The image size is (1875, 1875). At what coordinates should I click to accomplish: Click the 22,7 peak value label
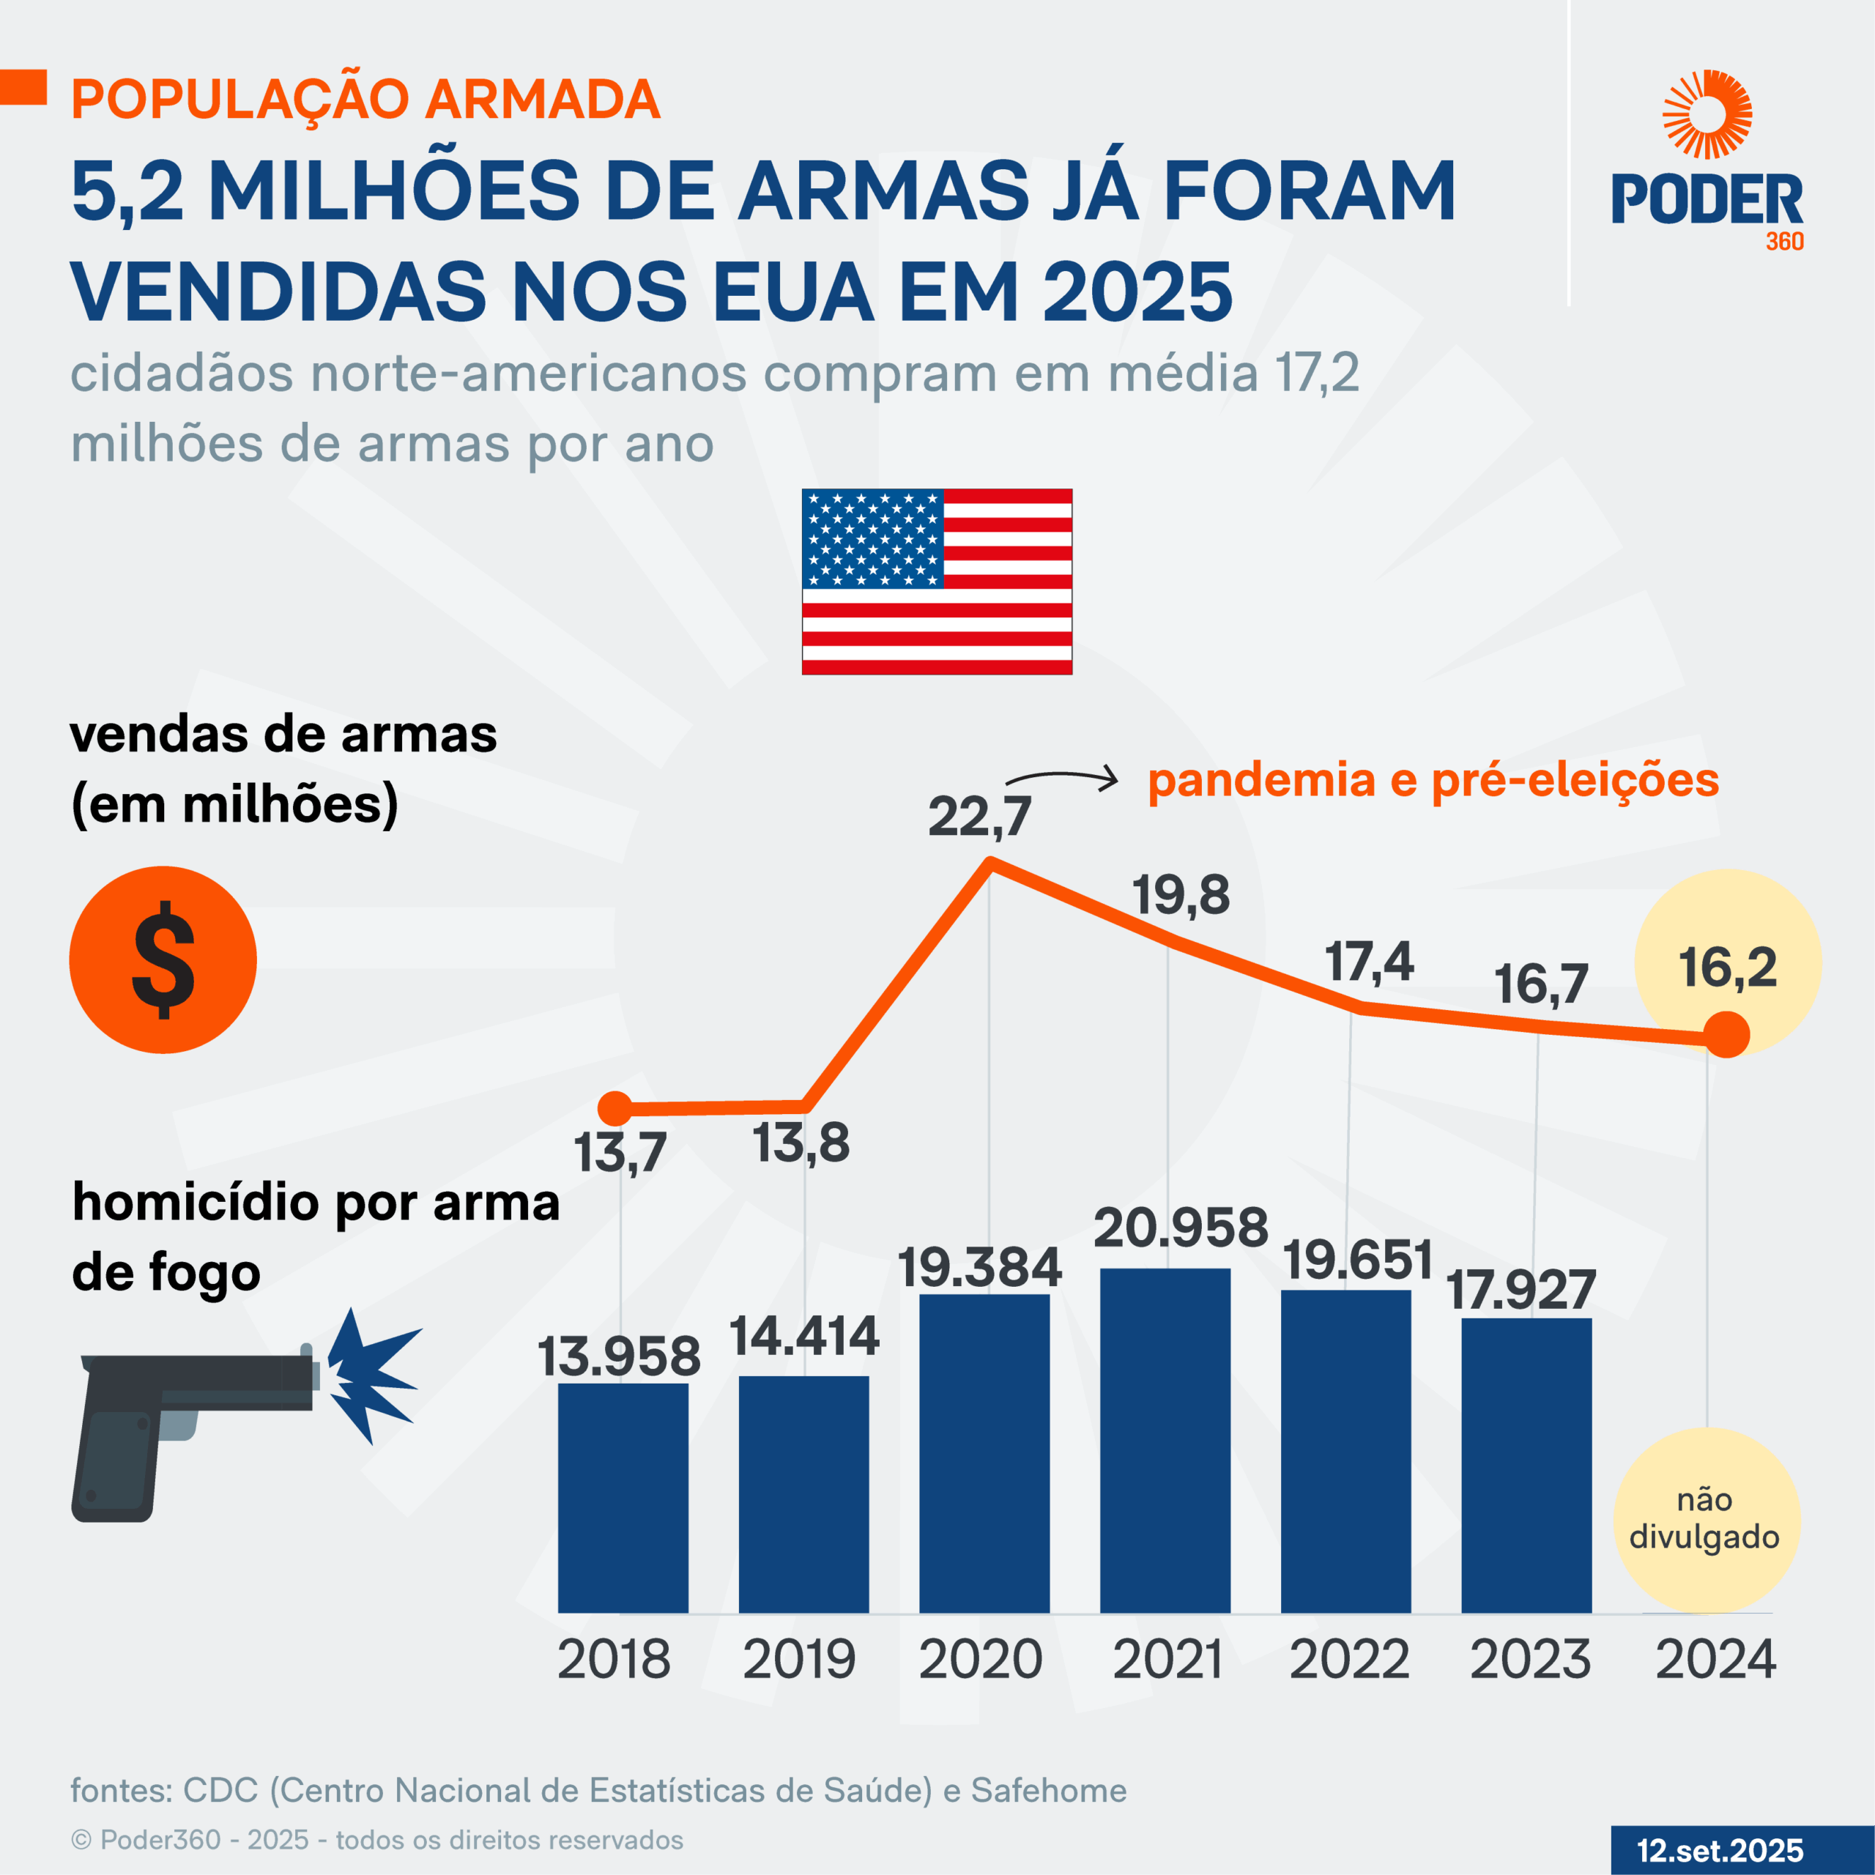[x=979, y=816]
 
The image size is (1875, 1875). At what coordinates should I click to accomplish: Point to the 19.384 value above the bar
[x=979, y=1269]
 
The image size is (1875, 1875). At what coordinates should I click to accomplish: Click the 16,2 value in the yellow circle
[x=1728, y=968]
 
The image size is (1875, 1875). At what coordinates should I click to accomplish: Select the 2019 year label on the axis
[x=799, y=1660]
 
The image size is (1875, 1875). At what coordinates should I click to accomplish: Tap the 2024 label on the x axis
[x=1715, y=1660]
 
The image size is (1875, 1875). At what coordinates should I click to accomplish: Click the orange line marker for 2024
[x=1726, y=1035]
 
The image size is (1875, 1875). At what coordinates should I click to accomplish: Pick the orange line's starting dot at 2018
[x=615, y=1107]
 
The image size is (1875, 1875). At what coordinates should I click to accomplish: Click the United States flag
[x=937, y=582]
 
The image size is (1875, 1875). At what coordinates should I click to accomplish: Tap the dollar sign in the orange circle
[x=163, y=959]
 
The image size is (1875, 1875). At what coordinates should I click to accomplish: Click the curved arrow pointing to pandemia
[x=1063, y=777]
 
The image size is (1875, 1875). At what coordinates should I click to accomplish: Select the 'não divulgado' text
[x=1704, y=1518]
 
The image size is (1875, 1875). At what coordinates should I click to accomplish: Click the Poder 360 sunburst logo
[x=1707, y=114]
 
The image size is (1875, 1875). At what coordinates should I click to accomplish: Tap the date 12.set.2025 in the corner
[x=1720, y=1850]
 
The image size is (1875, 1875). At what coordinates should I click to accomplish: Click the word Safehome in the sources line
[x=1048, y=1789]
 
